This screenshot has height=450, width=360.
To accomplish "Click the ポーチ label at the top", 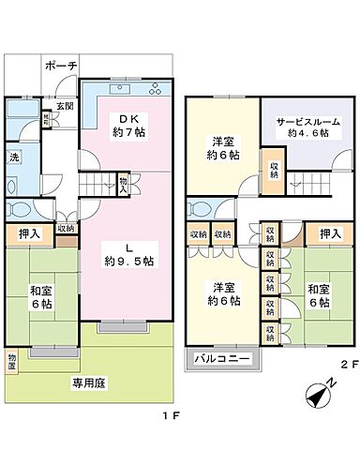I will coord(61,66).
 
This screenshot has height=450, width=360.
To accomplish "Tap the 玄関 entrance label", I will coord(65,106).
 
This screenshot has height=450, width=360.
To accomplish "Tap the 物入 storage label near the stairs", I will coord(124,185).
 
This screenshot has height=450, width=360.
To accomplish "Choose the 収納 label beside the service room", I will coord(272,170).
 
